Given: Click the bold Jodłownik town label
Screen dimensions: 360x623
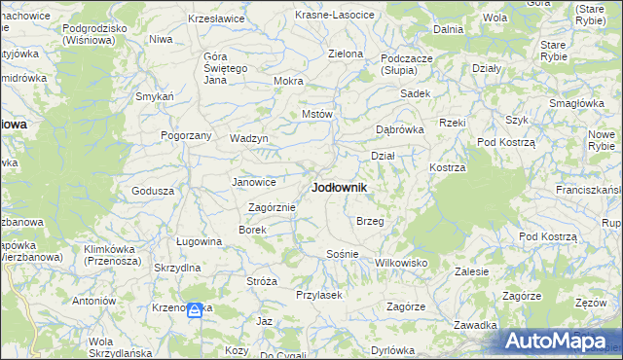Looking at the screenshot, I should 339,187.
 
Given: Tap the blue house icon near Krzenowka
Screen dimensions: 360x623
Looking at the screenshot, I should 195,310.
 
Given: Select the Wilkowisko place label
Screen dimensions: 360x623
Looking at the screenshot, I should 402,263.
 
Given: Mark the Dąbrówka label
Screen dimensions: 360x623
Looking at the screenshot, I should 400,129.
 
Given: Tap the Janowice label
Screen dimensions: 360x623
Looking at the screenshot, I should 253,182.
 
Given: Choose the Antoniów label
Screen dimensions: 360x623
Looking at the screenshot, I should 93,301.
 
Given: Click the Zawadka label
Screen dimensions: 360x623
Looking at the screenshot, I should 476,325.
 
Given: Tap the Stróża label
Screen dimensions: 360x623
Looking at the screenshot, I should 262,281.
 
